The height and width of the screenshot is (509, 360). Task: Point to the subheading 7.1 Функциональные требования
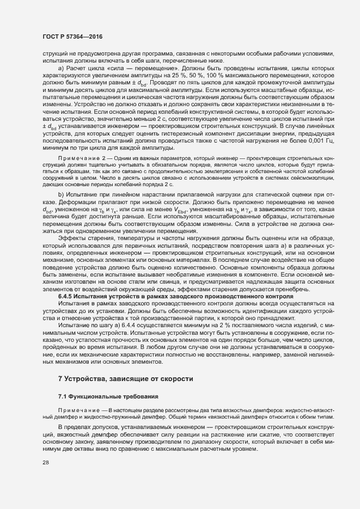coord(108,396)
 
